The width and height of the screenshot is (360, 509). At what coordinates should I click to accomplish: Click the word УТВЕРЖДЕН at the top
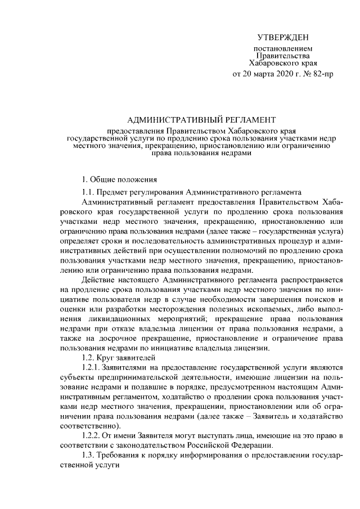click(283, 38)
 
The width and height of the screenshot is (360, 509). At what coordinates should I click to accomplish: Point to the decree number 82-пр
click(322, 74)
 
